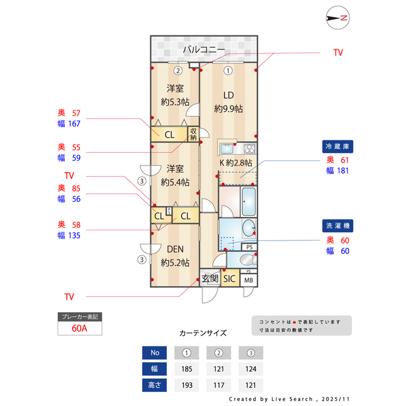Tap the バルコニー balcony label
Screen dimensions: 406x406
204,49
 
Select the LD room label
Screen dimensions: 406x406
228,96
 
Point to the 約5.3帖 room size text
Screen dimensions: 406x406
175,101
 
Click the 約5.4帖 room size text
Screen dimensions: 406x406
175,182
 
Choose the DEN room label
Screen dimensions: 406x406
175,250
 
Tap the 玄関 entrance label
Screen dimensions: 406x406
210,278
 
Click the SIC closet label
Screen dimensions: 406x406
230,278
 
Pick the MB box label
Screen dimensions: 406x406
249,280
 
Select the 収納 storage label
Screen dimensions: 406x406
193,134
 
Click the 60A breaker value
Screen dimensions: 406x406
79,329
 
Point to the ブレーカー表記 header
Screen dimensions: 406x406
79,317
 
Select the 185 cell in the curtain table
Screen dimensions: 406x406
187,369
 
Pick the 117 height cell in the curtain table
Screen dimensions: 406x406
218,385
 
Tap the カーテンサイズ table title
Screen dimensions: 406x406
203,332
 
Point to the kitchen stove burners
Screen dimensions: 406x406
248,149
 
